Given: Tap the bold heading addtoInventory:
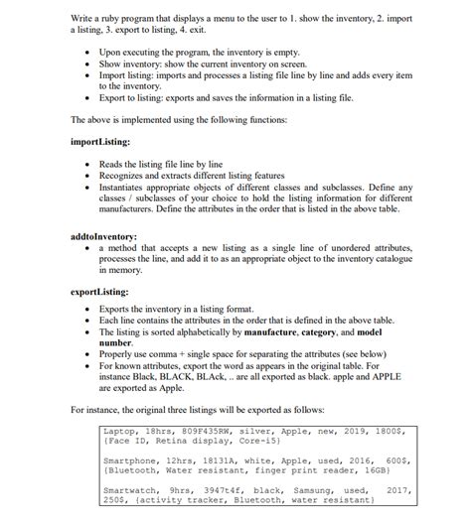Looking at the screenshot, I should click(x=104, y=236).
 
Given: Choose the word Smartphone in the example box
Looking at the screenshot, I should click(x=133, y=461).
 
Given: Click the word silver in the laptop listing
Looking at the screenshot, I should click(x=280, y=432).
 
